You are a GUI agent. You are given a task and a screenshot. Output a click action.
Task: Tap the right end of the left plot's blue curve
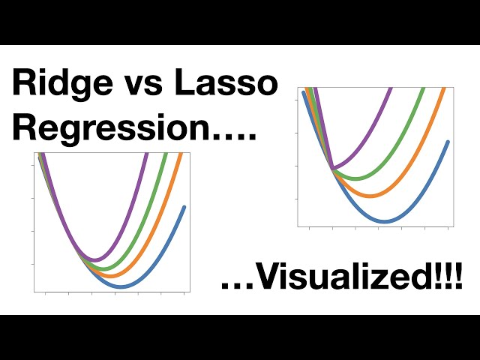click(x=184, y=206)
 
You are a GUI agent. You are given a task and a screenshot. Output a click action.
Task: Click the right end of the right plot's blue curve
click(x=448, y=141)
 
